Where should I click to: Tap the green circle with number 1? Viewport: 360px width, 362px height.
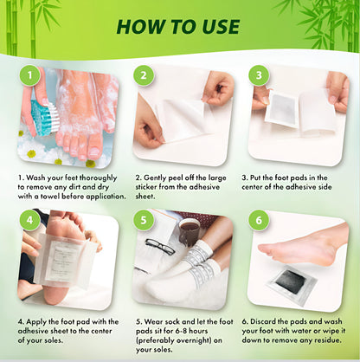31,75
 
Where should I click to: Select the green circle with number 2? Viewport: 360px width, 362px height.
145,75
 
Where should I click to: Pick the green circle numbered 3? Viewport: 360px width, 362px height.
258,75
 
